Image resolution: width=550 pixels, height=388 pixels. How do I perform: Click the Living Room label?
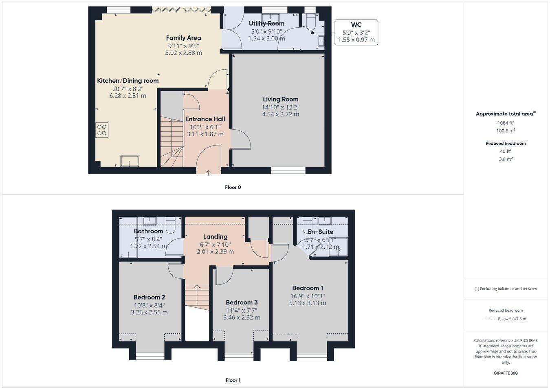point(280,99)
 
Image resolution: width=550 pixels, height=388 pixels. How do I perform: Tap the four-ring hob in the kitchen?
point(102,130)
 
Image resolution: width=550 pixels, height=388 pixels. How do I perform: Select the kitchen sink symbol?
point(130,161)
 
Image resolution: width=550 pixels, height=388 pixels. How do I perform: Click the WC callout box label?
point(356,25)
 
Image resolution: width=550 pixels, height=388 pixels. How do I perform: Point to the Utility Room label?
point(266,23)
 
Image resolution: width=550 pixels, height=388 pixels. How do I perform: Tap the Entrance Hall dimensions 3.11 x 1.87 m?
point(205,134)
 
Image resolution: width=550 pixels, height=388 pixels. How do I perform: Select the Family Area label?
point(183,37)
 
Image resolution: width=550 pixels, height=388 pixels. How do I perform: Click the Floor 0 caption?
point(233,187)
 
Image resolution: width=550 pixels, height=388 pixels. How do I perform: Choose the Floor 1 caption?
point(233,380)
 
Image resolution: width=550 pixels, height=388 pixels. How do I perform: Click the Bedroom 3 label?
point(242,302)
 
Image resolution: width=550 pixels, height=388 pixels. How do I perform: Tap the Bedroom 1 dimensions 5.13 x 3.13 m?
point(308,303)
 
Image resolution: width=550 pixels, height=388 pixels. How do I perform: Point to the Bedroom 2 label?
point(149,297)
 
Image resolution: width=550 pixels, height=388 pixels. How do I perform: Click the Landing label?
point(215,236)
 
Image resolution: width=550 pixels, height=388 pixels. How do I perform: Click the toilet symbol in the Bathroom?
point(171,225)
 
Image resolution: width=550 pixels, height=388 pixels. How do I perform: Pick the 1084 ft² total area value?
point(506,123)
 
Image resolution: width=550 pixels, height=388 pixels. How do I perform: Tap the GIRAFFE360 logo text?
point(506,373)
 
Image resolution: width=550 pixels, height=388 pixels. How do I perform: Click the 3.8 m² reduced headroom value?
point(506,159)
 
